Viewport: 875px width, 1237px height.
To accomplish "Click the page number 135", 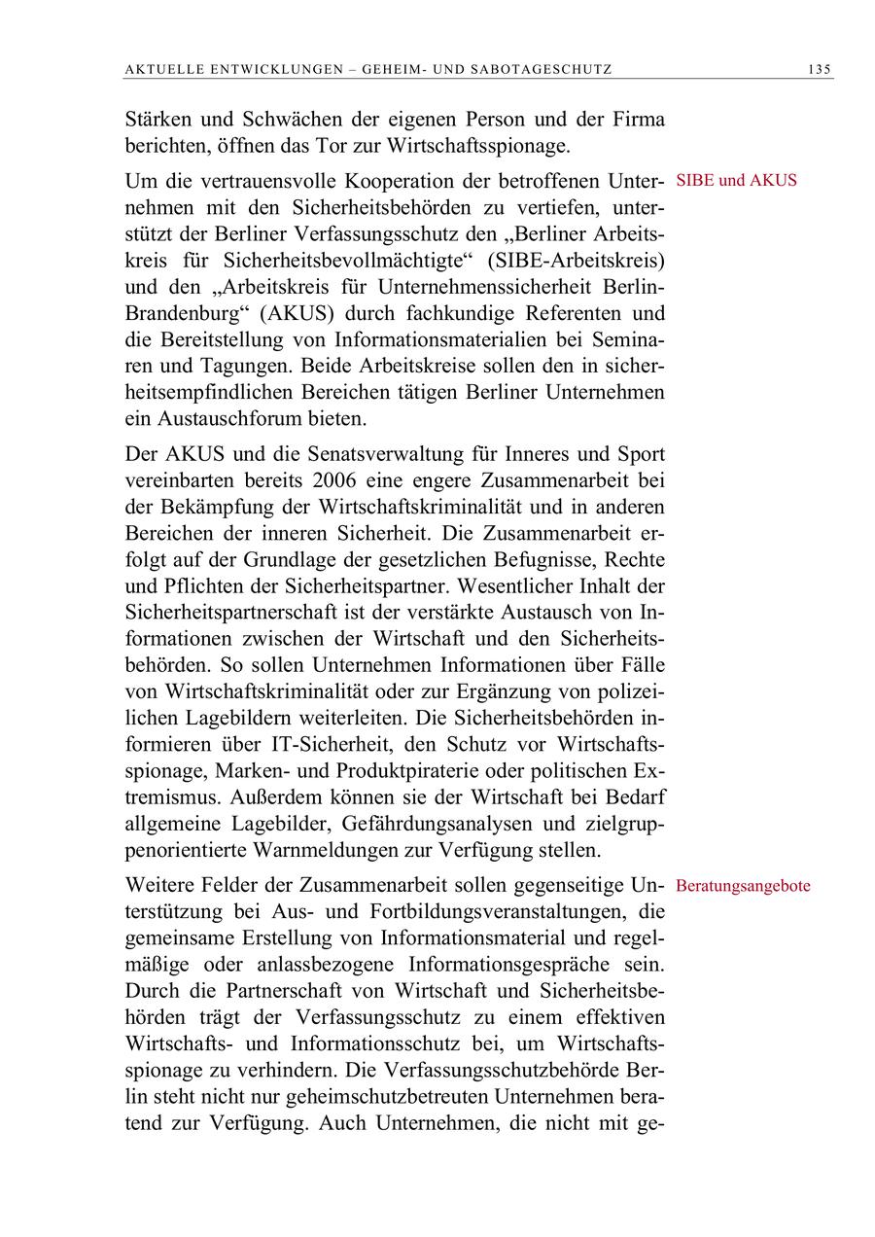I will pos(819,69).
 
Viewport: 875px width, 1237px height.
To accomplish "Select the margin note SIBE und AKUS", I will pos(736,180).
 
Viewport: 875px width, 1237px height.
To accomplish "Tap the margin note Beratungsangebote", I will pos(743,887).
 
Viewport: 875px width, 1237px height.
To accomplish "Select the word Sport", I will pos(642,453).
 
